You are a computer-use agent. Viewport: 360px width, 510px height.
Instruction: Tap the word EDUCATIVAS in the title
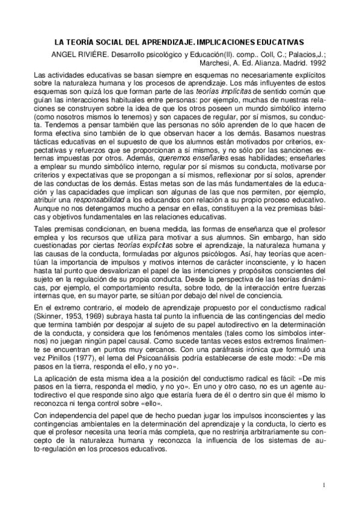click(281, 43)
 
